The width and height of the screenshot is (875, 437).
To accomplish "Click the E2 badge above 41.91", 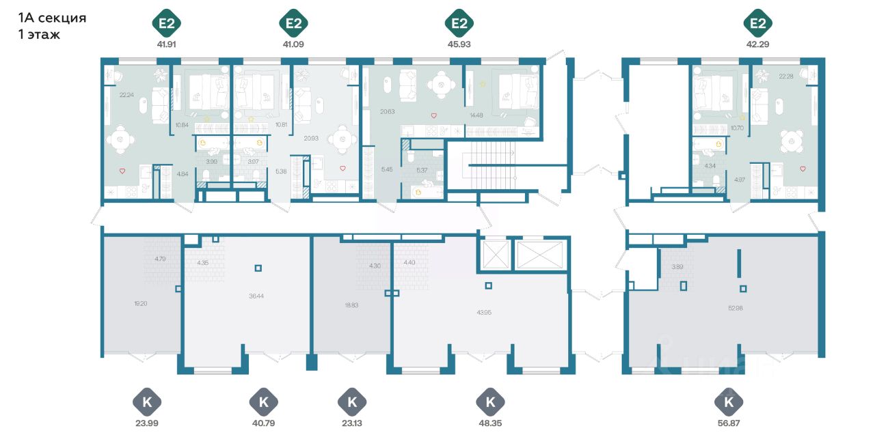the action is [x=165, y=25].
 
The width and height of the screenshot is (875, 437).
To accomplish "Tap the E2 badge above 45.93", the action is [x=459, y=25].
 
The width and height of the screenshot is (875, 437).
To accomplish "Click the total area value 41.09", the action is [x=293, y=44].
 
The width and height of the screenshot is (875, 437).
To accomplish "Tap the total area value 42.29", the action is [x=757, y=44].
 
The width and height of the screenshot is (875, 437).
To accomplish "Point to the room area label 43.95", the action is [x=483, y=312].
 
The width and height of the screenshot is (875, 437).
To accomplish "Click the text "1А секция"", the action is [x=52, y=18].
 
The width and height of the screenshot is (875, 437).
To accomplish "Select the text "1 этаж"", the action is [x=40, y=35].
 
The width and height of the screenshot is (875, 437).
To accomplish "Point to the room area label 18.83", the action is [x=351, y=306].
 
